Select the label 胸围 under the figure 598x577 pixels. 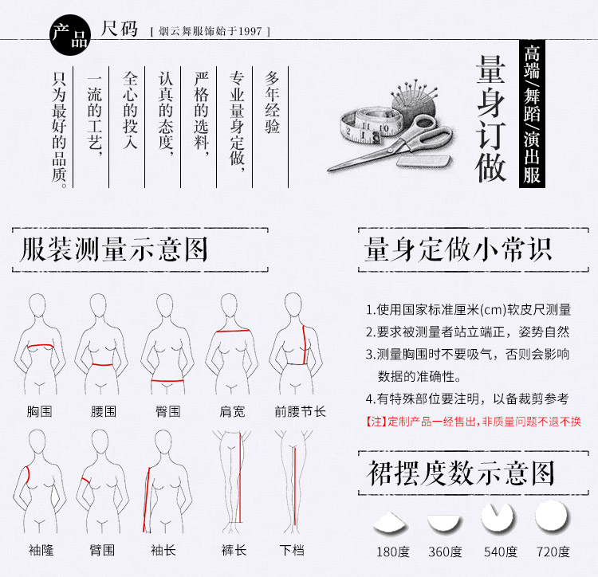[x=39, y=412]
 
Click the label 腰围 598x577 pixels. [x=104, y=412]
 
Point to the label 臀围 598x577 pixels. [x=167, y=412]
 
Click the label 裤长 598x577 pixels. [x=234, y=549]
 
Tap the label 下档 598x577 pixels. [x=292, y=549]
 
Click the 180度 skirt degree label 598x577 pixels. [x=391, y=551]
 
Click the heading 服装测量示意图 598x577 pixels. [x=114, y=249]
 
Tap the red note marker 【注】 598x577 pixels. [x=376, y=422]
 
